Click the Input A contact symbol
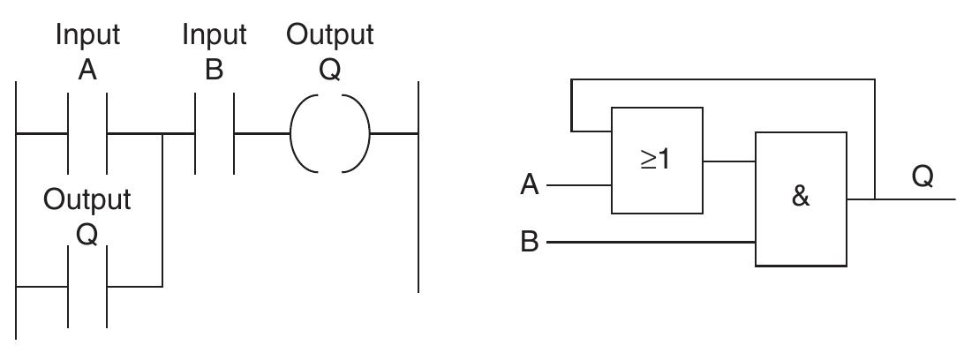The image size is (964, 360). (87, 135)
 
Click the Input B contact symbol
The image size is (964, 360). (215, 135)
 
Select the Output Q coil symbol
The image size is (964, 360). (330, 135)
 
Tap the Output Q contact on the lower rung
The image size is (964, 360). (87, 286)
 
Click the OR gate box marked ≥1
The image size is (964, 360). (657, 161)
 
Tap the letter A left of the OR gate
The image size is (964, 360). (530, 186)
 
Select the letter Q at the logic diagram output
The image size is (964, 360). (922, 176)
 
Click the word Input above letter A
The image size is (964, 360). (87, 35)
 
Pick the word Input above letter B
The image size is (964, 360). (215, 35)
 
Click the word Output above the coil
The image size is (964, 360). (330, 35)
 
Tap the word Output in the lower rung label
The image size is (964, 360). (87, 199)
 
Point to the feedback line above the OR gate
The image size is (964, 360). (724, 79)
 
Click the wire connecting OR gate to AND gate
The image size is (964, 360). (729, 161)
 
